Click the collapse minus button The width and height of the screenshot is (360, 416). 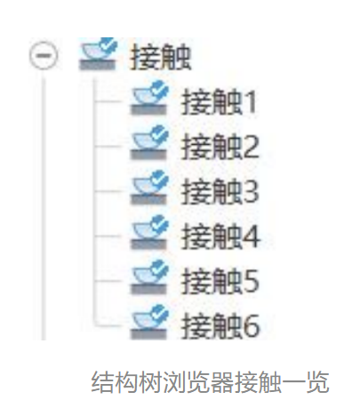click(44, 55)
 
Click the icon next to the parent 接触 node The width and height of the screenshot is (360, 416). click(98, 53)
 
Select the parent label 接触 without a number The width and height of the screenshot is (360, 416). click(160, 56)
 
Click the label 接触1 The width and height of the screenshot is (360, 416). click(219, 101)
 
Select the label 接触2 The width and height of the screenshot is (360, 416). click(220, 147)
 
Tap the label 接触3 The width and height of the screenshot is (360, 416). click(220, 191)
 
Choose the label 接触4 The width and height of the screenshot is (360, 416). click(220, 236)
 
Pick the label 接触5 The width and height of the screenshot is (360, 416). click(220, 281)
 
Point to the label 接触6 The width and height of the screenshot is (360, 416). click(220, 325)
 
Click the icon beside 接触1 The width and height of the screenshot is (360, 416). click(149, 98)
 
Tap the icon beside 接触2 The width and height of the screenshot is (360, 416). click(149, 142)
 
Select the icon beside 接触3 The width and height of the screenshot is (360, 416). click(149, 188)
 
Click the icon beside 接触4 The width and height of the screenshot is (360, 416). click(149, 232)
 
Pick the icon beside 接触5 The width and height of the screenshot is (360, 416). click(149, 277)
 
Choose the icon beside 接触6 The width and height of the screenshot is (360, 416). click(149, 322)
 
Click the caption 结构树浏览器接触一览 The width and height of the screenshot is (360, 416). click(210, 382)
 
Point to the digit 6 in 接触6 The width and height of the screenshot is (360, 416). click(252, 326)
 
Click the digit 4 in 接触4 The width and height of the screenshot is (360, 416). click(252, 236)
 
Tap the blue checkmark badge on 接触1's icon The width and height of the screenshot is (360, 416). click(159, 89)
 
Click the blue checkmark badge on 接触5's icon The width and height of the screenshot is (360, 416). click(159, 268)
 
